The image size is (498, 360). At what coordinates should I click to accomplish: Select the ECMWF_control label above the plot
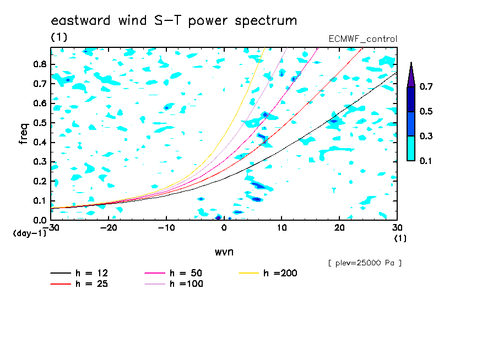[362, 39]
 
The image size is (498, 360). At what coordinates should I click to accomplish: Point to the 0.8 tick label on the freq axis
[40, 64]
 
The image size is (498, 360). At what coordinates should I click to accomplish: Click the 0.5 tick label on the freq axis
[40, 123]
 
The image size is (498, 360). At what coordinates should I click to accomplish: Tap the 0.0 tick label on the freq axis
[40, 220]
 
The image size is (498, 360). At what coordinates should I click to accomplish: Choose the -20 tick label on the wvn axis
[109, 228]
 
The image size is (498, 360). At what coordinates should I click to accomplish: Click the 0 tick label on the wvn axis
[224, 228]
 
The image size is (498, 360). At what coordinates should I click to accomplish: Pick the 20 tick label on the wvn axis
[339, 228]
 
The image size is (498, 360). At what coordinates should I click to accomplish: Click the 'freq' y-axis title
[24, 134]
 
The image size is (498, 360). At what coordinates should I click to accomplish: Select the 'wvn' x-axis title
[224, 252]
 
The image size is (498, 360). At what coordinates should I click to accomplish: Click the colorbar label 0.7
[426, 86]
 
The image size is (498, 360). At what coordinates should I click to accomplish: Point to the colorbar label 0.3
[426, 136]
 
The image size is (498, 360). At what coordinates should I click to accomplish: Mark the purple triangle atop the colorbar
[411, 75]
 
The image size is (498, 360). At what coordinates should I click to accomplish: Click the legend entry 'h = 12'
[79, 273]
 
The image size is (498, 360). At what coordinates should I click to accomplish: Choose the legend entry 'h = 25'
[79, 284]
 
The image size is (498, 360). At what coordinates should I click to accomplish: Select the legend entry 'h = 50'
[174, 273]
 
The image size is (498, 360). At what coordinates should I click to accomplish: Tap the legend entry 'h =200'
[268, 273]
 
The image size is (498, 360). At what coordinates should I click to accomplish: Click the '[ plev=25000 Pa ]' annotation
[365, 263]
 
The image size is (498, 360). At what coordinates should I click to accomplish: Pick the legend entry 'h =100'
[174, 284]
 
